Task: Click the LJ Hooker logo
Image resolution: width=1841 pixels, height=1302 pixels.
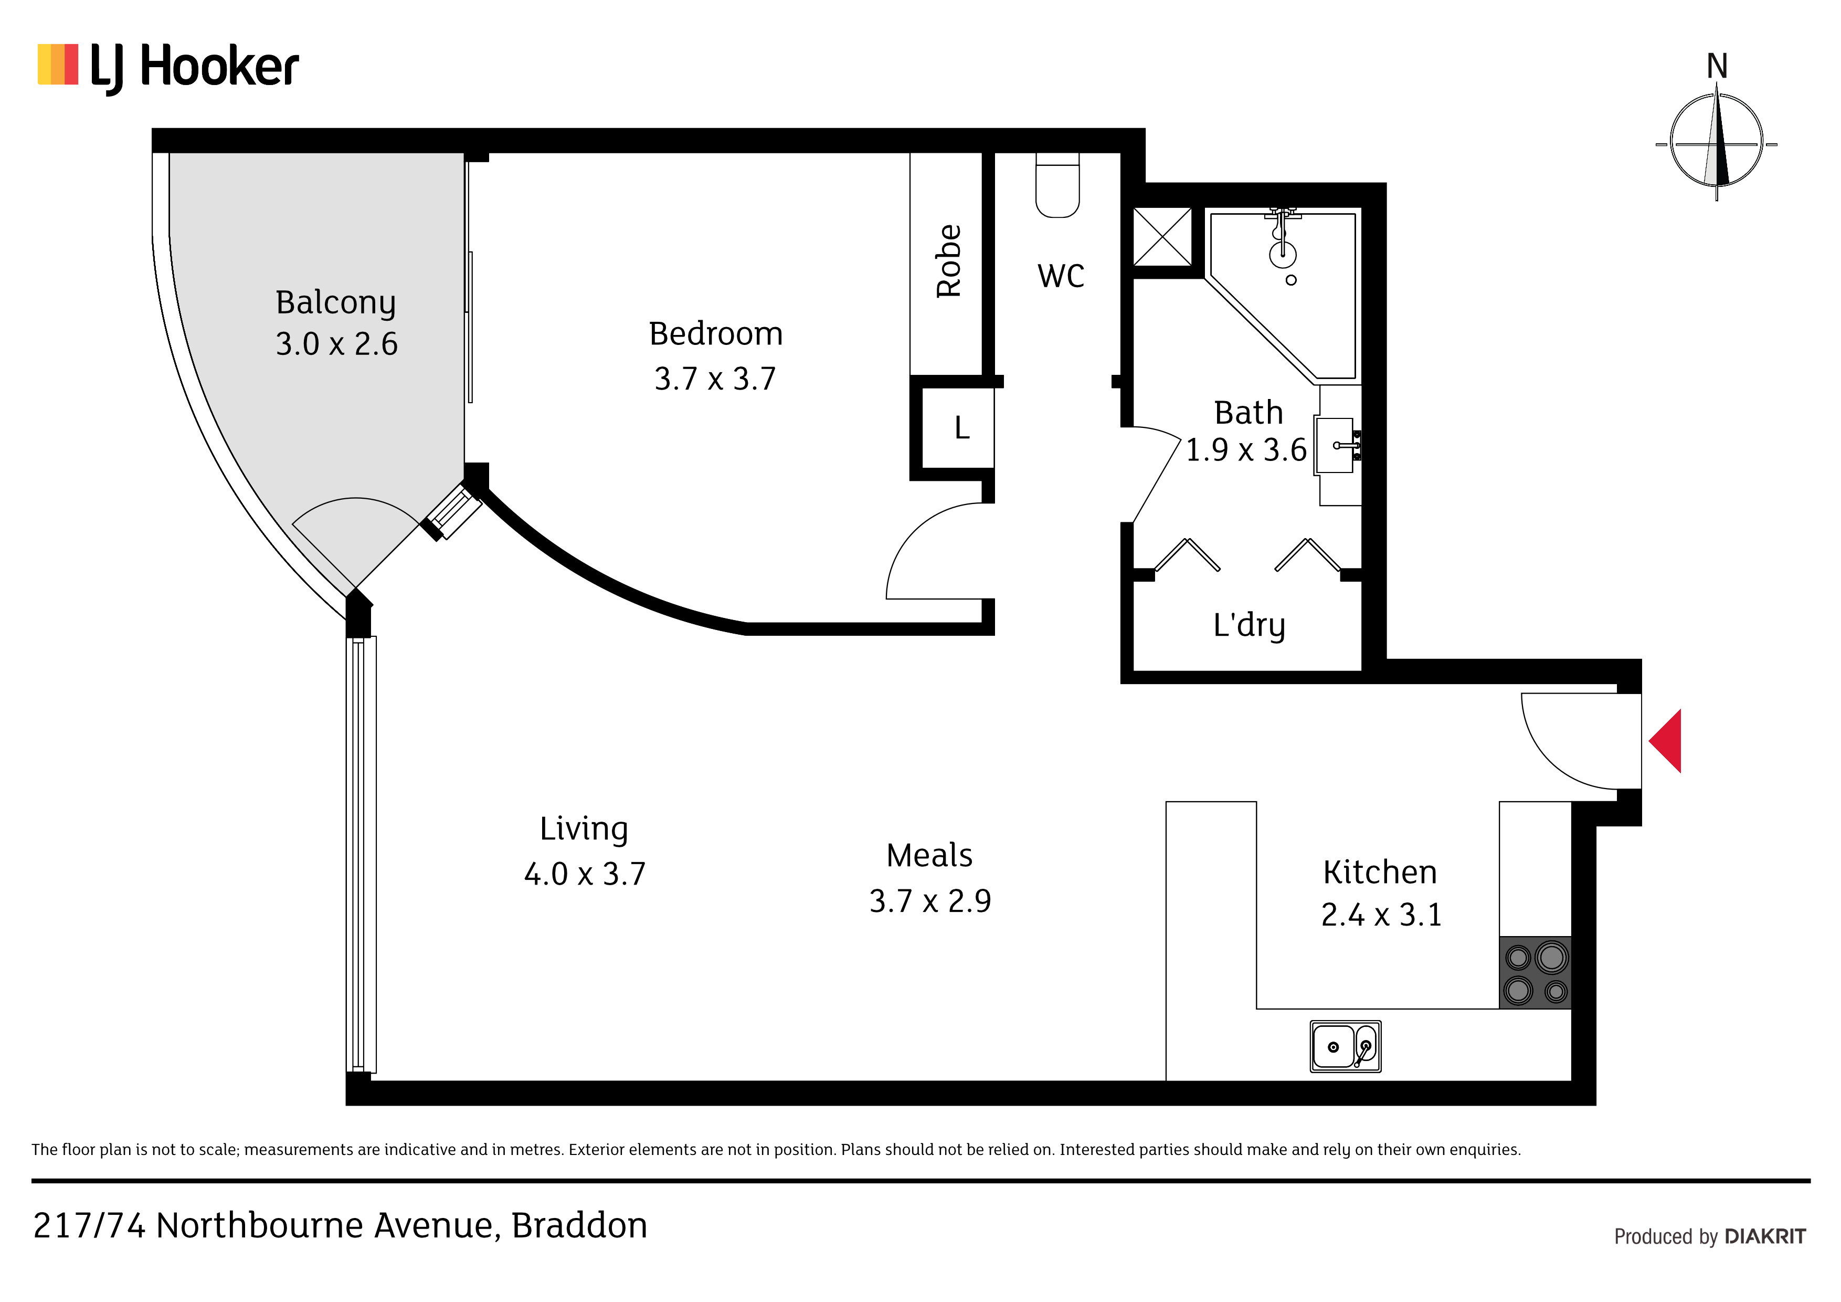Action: [168, 67]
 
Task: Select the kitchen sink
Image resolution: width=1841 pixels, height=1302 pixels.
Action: [1346, 1046]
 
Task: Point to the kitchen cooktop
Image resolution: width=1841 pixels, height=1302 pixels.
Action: [1535, 972]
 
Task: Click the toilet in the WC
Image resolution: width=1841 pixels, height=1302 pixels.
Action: [1057, 185]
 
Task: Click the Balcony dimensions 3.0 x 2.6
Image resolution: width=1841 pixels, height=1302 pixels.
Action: [337, 344]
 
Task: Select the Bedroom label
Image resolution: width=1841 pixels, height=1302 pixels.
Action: [715, 334]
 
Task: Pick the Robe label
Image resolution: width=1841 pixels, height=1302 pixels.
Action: [948, 261]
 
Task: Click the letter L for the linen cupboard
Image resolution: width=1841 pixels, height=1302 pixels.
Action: [962, 427]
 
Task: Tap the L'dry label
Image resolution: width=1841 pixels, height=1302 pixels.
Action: [1249, 625]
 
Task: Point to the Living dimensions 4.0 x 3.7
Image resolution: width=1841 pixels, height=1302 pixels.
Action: [585, 874]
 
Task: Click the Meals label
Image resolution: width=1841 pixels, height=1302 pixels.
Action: [929, 856]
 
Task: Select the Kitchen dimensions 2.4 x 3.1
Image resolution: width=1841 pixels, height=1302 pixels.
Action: [1381, 915]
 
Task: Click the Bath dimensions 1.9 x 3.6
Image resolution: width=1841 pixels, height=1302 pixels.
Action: [1246, 450]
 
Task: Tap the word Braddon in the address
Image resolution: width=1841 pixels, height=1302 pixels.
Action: [579, 1225]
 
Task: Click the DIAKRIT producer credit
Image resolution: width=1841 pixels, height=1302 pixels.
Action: [1765, 1236]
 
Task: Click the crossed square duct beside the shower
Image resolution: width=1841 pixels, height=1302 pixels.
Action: [1162, 236]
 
